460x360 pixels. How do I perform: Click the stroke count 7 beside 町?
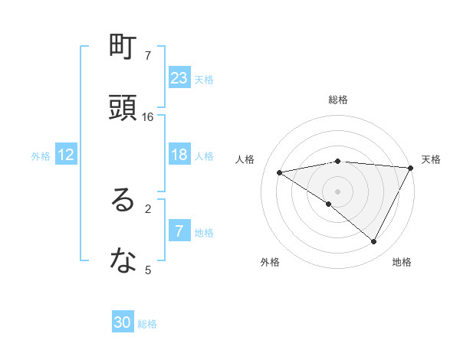pos(148,56)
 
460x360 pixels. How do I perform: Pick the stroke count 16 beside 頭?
pos(148,117)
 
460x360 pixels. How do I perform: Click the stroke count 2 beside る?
pos(148,208)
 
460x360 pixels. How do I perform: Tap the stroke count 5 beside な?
pos(148,270)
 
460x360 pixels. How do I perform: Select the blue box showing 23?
pos(179,78)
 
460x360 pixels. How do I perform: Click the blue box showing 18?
pos(179,155)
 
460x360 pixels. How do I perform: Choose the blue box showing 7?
pos(179,231)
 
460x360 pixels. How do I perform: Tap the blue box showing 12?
pos(66,155)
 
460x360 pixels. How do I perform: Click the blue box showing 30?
pos(123,322)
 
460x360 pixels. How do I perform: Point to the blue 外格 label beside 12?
pos(41,155)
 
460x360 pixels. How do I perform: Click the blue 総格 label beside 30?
pos(147,323)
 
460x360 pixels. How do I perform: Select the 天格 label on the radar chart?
pos(431,159)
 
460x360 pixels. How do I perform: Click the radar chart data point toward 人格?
pos(281,172)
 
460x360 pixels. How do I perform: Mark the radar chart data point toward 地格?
pos(373,242)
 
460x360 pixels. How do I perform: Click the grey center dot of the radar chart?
pos(338,191)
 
